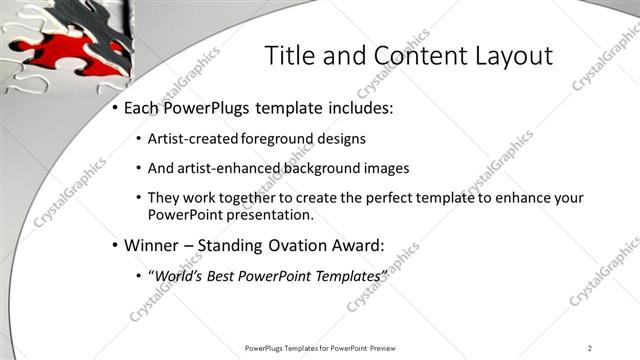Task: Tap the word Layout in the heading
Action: (514, 56)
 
